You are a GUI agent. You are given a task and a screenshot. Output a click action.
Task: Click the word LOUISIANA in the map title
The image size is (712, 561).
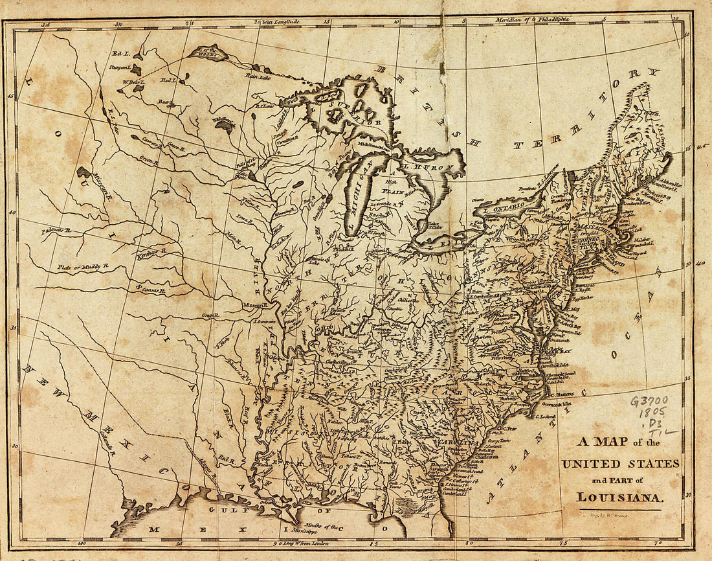click(620, 498)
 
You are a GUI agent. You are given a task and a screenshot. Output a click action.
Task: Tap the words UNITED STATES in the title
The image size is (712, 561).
click(621, 464)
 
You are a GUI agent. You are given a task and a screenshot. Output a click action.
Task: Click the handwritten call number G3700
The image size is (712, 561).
click(649, 400)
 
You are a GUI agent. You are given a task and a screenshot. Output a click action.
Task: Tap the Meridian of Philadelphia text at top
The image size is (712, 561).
click(532, 20)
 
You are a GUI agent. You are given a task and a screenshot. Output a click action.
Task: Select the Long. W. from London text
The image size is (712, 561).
click(303, 543)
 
